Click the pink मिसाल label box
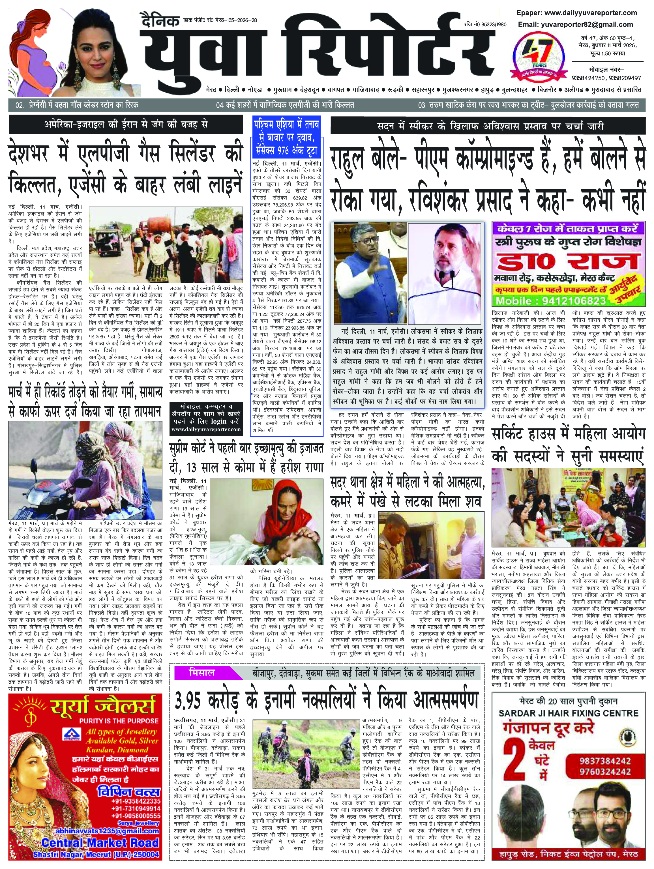click(201, 673)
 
